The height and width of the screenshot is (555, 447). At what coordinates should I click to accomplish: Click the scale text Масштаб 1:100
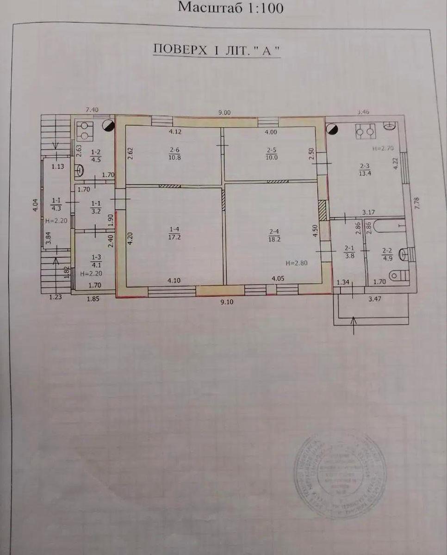click(x=230, y=8)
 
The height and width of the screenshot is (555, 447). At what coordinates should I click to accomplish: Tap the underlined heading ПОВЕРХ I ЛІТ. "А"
click(x=217, y=49)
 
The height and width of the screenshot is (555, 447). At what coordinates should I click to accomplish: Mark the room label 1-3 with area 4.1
click(x=95, y=261)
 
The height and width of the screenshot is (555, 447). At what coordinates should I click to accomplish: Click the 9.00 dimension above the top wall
click(x=224, y=111)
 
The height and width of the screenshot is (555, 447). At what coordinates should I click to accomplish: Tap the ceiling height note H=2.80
click(x=296, y=263)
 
